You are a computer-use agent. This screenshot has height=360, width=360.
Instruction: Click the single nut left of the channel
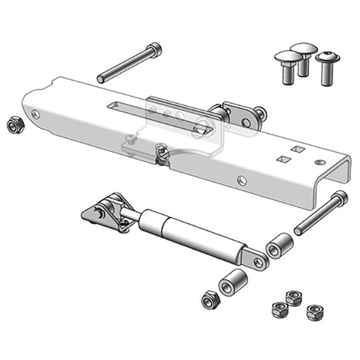click(13, 124)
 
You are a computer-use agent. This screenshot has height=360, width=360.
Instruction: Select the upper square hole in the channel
click(294, 148)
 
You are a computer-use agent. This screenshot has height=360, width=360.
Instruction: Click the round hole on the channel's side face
click(242, 180)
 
